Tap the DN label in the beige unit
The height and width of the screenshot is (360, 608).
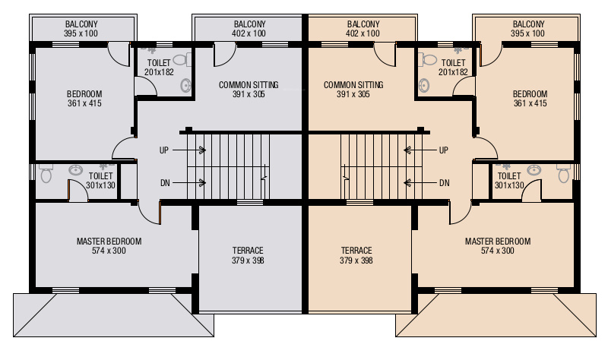click(x=445, y=182)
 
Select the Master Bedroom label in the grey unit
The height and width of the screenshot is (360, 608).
click(x=109, y=242)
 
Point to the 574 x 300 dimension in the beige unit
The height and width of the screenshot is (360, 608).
click(x=498, y=251)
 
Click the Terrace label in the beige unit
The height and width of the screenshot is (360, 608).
click(x=356, y=250)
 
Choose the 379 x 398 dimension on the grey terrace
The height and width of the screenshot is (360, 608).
click(x=248, y=261)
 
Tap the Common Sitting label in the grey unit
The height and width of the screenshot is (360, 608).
click(x=249, y=84)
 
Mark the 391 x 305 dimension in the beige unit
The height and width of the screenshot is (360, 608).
click(x=353, y=94)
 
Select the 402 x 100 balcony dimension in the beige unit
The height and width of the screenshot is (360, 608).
click(x=363, y=34)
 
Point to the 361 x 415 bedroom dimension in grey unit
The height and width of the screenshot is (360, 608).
click(x=84, y=103)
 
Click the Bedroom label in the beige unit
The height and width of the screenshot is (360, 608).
click(x=530, y=93)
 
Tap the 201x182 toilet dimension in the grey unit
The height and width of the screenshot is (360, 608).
click(x=159, y=72)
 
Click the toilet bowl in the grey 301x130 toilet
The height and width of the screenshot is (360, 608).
click(x=46, y=175)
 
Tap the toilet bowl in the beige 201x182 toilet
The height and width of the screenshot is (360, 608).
click(x=429, y=59)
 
